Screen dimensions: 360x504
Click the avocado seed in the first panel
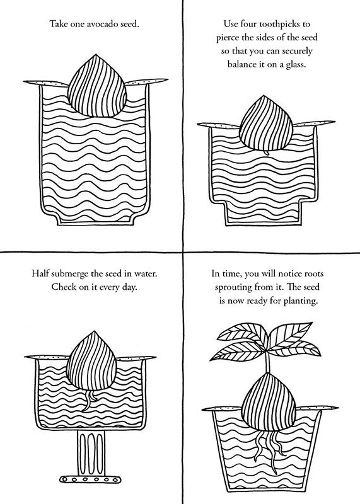(97, 86)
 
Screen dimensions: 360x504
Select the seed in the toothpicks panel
(267, 123)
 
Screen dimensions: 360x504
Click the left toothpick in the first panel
(45, 83)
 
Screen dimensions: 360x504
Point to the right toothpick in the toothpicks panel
(315, 123)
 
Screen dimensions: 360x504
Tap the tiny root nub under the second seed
(266, 152)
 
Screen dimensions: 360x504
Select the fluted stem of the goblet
(91, 453)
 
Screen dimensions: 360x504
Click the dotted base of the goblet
(90, 479)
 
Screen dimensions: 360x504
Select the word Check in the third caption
(63, 287)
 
